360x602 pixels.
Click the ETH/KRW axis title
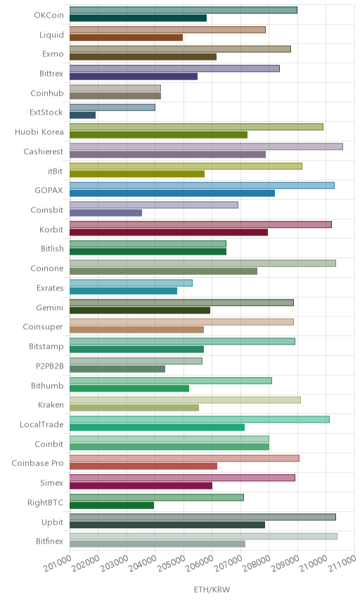[212, 589]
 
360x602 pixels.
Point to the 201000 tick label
[58, 563]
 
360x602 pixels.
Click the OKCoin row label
[49, 15]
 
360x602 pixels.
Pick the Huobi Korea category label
[39, 132]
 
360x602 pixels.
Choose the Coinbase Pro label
[37, 463]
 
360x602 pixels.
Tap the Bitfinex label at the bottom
[49, 541]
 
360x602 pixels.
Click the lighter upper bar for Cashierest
[206, 146]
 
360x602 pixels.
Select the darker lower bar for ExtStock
[82, 115]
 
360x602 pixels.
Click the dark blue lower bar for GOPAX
[172, 193]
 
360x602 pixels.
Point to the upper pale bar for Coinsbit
[154, 205]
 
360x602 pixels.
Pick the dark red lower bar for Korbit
[169, 232]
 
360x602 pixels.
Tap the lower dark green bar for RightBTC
[112, 505]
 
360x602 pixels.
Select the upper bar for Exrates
[131, 283]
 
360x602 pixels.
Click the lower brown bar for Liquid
[127, 37]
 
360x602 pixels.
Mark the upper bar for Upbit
[202, 517]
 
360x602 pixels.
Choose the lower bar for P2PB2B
[117, 369]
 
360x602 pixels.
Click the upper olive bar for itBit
[186, 166]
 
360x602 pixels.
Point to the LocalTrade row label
[41, 424]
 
